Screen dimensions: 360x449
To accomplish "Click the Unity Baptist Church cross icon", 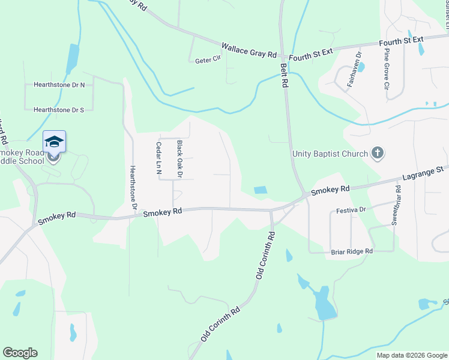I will point(378,154).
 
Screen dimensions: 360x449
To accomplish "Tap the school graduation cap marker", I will point(54,142).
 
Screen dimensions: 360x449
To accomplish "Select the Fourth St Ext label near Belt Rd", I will point(310,53).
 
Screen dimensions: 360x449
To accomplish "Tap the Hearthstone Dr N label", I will point(59,85).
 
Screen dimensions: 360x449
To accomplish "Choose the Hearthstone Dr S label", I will point(59,110).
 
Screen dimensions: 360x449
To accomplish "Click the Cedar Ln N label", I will point(159,155).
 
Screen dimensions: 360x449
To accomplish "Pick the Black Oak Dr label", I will point(179,159).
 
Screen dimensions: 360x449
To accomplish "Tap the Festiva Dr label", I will point(351,211).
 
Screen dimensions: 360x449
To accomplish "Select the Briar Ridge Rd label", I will point(352,251).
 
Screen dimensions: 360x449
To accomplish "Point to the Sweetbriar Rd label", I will point(397,205).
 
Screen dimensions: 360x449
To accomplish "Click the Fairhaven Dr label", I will point(353,71).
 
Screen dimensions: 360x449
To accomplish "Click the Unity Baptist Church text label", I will point(330,154).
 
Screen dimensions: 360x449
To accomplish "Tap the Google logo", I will point(20,353).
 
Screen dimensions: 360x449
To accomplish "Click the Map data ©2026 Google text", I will point(411,355).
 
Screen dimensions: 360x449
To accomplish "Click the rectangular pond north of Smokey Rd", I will point(261,190).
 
